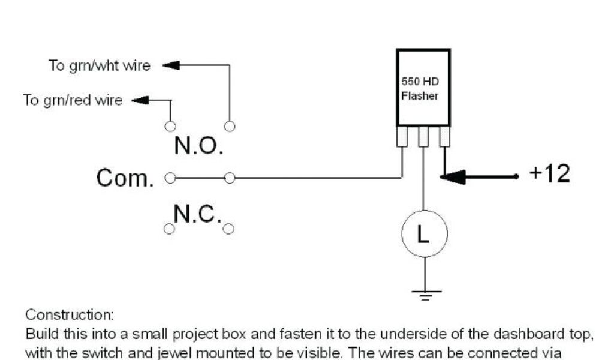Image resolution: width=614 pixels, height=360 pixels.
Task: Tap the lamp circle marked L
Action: (x=424, y=235)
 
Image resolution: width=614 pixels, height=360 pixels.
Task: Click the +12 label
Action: (x=550, y=174)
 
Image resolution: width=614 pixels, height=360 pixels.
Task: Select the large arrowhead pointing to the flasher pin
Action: (x=453, y=176)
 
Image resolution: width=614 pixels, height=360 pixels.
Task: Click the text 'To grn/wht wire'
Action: (x=100, y=65)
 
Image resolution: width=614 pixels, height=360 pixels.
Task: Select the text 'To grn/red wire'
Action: (x=73, y=100)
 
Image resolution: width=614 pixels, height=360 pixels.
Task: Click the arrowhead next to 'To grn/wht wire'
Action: (x=171, y=65)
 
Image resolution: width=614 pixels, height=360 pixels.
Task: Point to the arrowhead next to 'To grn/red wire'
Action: (x=140, y=100)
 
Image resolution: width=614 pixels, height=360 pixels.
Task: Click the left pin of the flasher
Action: (x=402, y=137)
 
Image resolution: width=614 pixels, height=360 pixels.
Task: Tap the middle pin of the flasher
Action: (x=423, y=137)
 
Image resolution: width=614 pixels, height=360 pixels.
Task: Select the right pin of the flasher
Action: (x=444, y=137)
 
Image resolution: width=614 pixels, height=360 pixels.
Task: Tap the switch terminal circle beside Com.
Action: (x=170, y=178)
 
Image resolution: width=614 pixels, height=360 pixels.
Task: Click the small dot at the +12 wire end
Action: (x=516, y=176)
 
